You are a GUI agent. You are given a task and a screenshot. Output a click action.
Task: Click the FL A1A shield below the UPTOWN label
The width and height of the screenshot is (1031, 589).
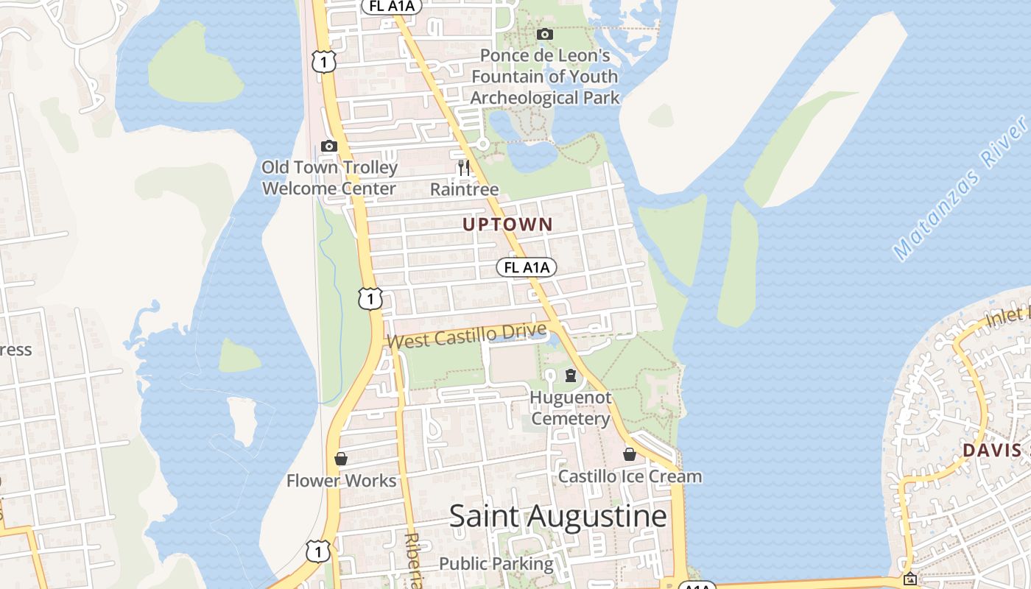coord(527,267)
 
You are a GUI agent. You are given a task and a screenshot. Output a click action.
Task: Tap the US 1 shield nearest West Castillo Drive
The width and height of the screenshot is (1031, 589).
coord(370,298)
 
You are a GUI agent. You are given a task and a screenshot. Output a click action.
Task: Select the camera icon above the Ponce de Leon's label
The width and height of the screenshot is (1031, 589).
coord(545,34)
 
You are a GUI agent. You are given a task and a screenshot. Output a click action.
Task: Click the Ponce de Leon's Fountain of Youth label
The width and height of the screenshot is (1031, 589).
coord(545,77)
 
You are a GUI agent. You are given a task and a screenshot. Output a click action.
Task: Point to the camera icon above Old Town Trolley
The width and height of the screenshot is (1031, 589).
coord(329,146)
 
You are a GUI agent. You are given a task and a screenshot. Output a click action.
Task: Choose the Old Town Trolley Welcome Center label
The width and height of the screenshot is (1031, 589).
coord(329,177)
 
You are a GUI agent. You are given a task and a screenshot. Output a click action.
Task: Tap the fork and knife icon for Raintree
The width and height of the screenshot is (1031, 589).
coord(464,167)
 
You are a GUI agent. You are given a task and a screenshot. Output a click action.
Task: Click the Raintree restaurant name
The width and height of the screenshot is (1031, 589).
coord(464,189)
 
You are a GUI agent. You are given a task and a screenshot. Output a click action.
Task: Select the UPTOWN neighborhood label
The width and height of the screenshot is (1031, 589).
coord(507,225)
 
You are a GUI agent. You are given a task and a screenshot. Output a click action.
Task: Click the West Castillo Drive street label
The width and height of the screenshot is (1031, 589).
coord(466,336)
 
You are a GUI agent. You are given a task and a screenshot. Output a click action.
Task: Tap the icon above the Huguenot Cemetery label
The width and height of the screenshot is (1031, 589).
coord(571,376)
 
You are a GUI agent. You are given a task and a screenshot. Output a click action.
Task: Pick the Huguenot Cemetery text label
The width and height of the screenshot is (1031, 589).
coord(571,408)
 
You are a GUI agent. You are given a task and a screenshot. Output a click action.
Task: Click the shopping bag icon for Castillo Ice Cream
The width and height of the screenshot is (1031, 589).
coord(630,454)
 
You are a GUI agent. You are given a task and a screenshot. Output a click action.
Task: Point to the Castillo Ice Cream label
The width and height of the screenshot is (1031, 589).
coord(630,476)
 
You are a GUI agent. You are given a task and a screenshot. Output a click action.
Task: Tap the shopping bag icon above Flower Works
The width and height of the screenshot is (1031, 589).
coord(341,459)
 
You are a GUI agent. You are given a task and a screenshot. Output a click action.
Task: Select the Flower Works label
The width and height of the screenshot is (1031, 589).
coord(341,481)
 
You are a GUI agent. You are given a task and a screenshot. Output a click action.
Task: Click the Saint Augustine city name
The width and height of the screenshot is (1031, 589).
coord(558,516)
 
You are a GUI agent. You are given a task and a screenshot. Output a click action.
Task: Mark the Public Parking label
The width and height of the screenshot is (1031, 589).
coord(496,564)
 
